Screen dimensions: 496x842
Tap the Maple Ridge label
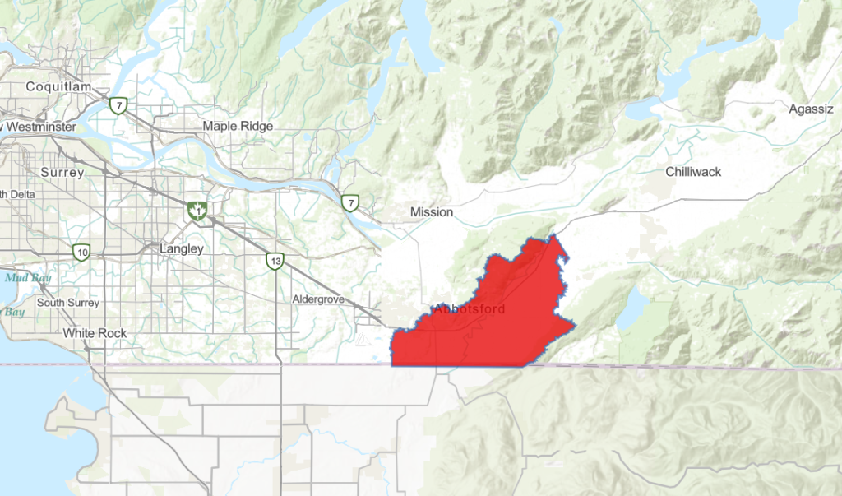pos(238,126)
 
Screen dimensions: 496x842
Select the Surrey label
pos(62,173)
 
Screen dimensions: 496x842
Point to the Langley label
pos(182,248)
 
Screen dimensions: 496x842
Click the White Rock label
pos(95,333)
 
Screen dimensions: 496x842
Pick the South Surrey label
pos(67,303)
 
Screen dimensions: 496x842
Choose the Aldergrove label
pos(318,299)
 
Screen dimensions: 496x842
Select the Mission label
pos(432,212)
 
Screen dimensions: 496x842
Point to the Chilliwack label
pos(693,172)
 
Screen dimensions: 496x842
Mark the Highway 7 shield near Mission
pos(350,202)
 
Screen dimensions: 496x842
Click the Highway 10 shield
pos(81,253)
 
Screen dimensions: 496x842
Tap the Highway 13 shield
pos(275,262)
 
